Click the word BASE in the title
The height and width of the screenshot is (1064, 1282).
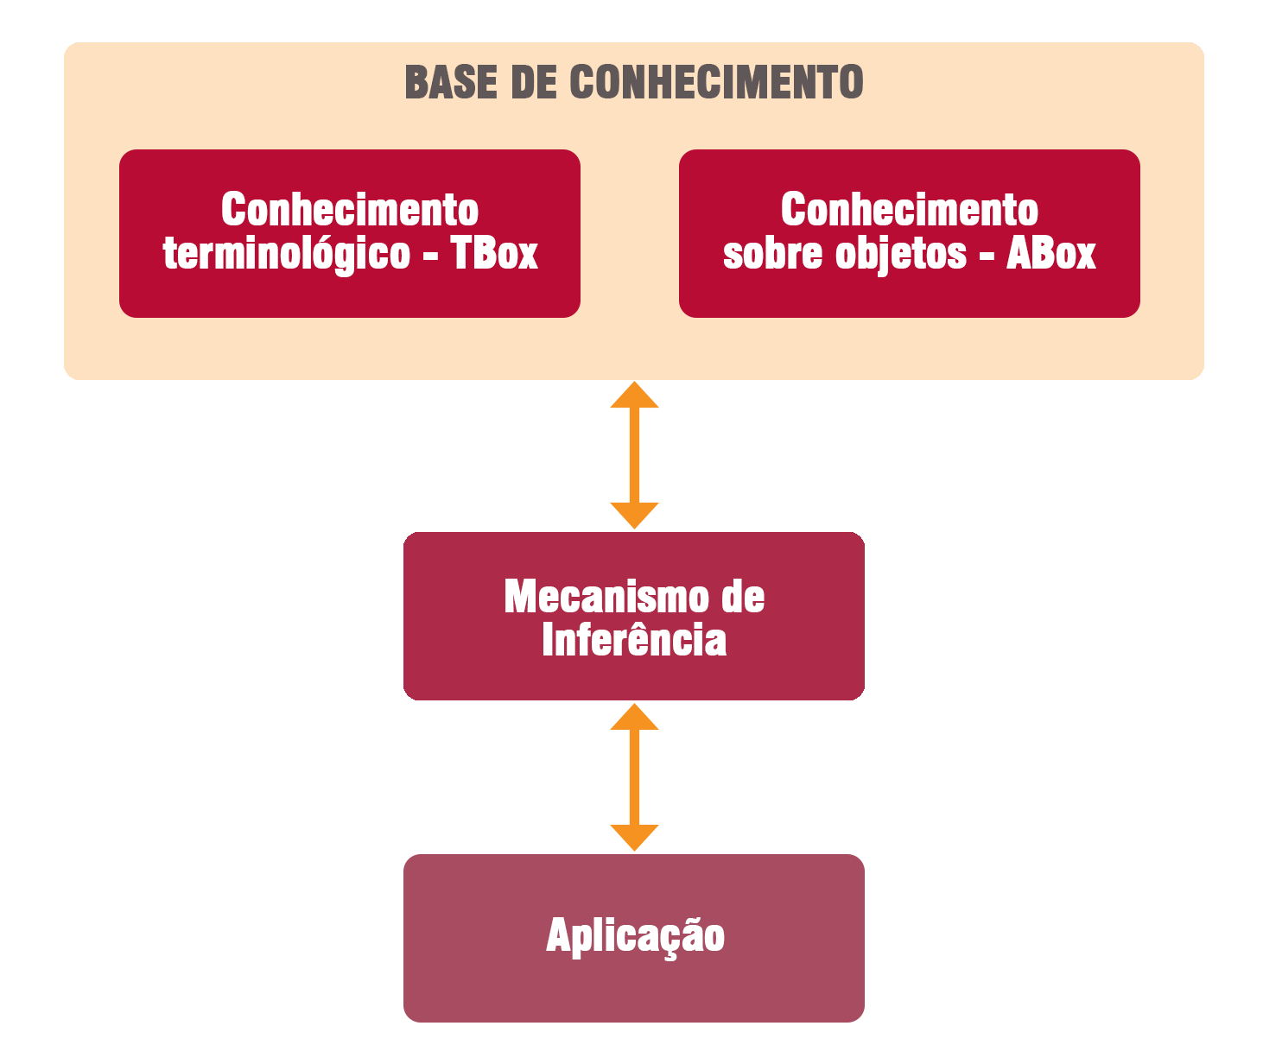(451, 83)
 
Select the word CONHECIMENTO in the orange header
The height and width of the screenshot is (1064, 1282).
(716, 83)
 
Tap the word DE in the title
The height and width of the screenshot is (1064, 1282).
(534, 83)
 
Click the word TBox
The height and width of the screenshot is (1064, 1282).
(494, 253)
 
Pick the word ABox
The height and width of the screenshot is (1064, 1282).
(1050, 253)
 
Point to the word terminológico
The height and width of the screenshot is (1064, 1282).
(287, 254)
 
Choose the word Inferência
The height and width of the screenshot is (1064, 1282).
(634, 640)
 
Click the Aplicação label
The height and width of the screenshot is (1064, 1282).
(635, 936)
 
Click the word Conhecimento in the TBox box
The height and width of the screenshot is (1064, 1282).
(350, 209)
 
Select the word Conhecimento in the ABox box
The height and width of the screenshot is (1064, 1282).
(910, 209)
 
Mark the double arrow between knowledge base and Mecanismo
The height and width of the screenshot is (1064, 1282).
(635, 455)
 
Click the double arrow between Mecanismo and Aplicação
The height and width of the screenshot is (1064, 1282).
(635, 777)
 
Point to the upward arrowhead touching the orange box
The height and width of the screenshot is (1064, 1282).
(635, 396)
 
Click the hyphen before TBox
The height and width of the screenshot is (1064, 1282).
(431, 255)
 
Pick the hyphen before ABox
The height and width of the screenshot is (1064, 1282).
(987, 255)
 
